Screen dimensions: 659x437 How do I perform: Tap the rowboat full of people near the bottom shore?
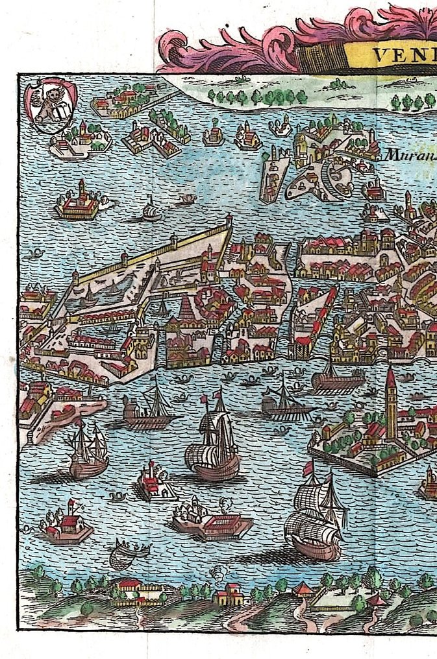click(x=129, y=553)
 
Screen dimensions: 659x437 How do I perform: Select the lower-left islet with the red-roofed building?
click(x=66, y=525)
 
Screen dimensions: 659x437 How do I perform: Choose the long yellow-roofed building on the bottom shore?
click(x=138, y=592)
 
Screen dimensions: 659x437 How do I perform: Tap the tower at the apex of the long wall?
click(x=229, y=222)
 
